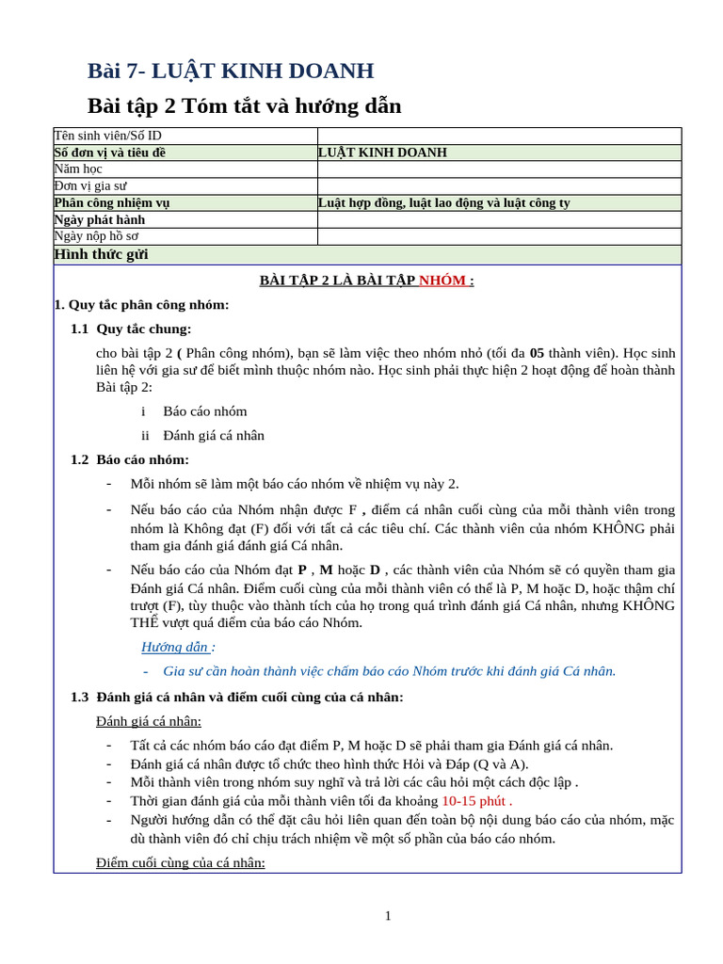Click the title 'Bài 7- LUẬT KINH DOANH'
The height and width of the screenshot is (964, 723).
coord(231,71)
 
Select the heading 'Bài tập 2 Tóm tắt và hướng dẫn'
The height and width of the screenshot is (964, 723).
coord(244,105)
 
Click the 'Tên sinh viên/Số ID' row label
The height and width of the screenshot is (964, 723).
coord(107,136)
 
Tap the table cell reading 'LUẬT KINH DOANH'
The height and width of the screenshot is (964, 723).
coord(382,153)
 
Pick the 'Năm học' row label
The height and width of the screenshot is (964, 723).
coord(78,169)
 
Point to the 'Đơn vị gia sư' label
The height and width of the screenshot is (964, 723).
coord(90,186)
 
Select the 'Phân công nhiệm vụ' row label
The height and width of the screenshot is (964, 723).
coord(112,202)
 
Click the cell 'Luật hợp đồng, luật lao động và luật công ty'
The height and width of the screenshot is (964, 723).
coord(443,202)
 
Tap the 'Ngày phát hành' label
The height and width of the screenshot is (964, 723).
coord(100,219)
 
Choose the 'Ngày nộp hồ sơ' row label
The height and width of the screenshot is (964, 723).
coord(96,236)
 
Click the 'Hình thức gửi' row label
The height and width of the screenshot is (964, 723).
coord(101,254)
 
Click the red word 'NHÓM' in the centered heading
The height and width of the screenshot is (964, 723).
coord(442,281)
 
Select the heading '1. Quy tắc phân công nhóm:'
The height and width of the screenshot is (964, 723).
coord(141,305)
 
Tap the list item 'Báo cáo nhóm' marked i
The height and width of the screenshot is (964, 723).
coord(204,411)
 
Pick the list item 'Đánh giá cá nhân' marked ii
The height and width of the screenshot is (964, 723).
coord(213,436)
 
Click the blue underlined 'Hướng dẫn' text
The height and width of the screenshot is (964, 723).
coord(174,647)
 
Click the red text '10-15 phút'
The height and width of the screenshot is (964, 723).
coord(475,801)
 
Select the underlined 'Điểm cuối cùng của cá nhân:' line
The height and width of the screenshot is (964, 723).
coord(180,862)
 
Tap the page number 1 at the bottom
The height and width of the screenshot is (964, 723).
coord(388,916)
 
